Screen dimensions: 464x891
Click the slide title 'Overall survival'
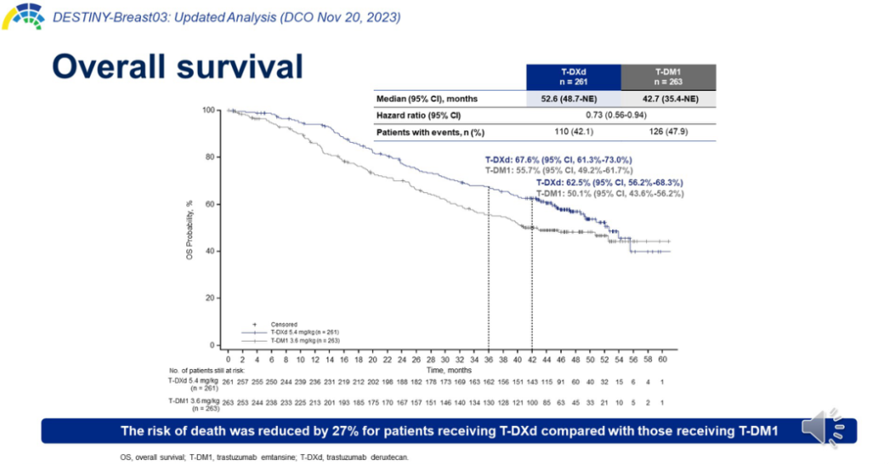point(177,66)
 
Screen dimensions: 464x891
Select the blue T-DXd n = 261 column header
point(573,77)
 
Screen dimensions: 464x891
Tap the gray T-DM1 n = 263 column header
point(667,77)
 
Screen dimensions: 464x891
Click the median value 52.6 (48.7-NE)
point(573,99)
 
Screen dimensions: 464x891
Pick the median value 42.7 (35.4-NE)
point(667,99)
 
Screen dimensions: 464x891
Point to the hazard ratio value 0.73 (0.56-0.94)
point(620,116)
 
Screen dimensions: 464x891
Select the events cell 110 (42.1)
point(573,132)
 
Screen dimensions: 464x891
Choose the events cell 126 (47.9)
point(667,132)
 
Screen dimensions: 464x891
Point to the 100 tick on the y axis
point(209,110)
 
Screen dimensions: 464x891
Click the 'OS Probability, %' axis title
point(191,228)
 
